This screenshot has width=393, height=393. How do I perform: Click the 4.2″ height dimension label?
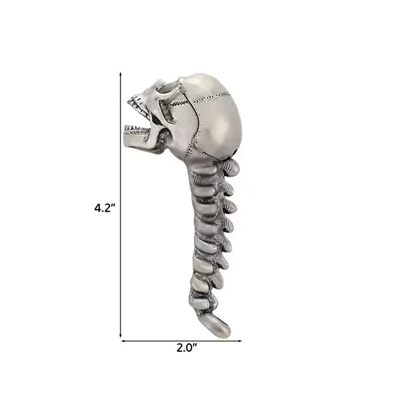coord(105,208)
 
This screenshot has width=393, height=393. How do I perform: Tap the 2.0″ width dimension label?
coord(187,348)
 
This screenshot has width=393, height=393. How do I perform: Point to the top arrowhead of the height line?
coord(121,75)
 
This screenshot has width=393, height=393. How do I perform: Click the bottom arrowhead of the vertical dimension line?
coord(121,335)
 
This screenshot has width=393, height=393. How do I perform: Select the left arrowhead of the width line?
coord(124,341)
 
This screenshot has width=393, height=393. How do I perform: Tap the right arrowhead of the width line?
coord(239,341)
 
